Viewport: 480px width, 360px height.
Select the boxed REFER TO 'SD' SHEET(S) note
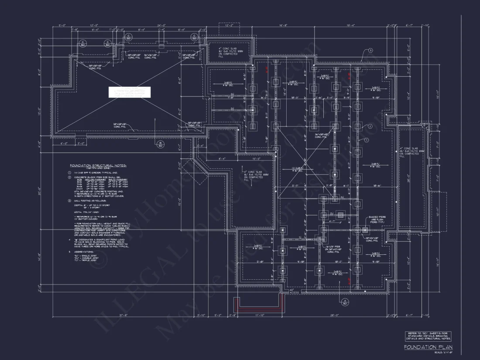tap(427, 336)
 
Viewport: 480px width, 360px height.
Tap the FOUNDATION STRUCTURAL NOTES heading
tap(98, 166)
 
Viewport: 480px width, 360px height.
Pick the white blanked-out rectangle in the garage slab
tap(130, 92)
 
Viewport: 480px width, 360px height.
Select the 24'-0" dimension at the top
tap(162, 25)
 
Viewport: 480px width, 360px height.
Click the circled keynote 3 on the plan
tap(370, 51)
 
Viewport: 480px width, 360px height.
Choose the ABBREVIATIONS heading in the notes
tap(83, 252)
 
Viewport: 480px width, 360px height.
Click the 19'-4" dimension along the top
tap(351, 25)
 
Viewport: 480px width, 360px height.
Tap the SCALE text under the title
tap(443, 352)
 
